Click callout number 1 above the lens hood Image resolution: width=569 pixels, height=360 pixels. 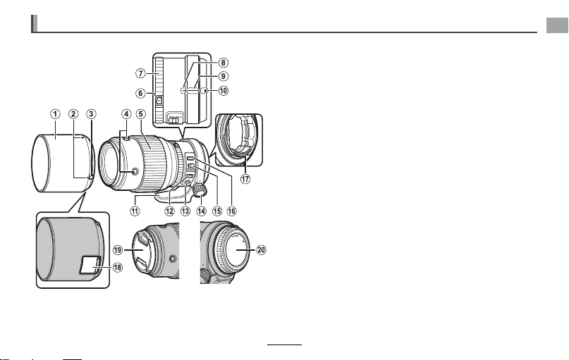[x=55, y=114]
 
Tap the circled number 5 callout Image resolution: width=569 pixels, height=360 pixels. [x=141, y=114]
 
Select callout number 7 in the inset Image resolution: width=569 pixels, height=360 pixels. [x=140, y=73]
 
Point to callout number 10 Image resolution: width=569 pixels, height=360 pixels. [x=224, y=90]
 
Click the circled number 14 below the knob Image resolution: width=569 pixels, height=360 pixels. [x=201, y=211]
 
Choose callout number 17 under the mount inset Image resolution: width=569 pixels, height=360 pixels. [x=245, y=179]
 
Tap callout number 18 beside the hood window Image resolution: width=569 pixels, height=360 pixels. [x=118, y=267]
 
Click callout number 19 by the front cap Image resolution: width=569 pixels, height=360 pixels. [x=118, y=250]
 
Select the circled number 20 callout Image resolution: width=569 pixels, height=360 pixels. [x=262, y=250]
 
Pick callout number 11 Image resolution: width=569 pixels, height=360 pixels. [x=135, y=211]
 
